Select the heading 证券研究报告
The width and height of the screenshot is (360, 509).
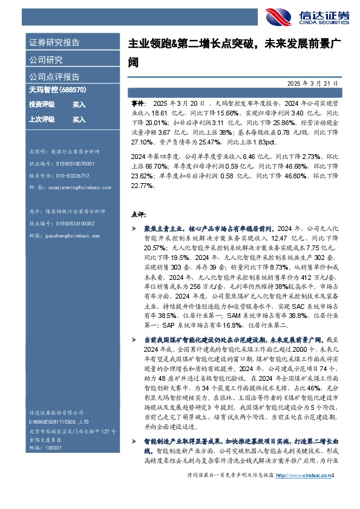(54, 43)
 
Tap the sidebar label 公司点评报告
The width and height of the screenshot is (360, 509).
(54, 77)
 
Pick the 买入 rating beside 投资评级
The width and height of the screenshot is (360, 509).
(79, 105)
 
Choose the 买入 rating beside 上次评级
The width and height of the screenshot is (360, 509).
(79, 120)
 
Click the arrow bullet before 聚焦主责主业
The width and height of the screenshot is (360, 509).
(134, 229)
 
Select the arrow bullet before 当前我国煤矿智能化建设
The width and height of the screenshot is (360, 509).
(134, 340)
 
